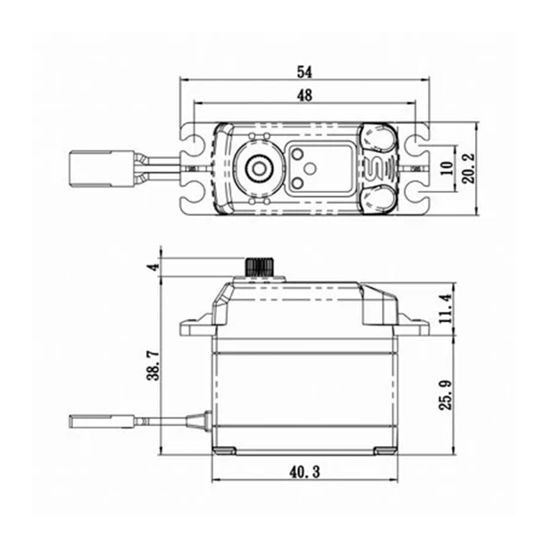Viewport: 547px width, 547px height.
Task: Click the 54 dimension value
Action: tap(305, 72)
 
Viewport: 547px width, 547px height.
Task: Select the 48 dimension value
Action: tap(305, 95)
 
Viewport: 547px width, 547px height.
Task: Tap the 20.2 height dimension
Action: tap(469, 168)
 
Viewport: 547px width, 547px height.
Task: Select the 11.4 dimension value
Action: tap(445, 309)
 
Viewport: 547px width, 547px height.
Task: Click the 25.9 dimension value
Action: tap(445, 395)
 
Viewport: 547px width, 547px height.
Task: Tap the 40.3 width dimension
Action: tap(305, 473)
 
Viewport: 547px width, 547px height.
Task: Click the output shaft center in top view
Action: tap(259, 169)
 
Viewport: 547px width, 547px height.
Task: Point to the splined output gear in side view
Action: tap(259, 267)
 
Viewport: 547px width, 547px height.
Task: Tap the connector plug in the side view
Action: tap(102, 421)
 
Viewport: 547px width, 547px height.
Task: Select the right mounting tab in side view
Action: tap(414, 325)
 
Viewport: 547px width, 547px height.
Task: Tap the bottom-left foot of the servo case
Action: tap(224, 451)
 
